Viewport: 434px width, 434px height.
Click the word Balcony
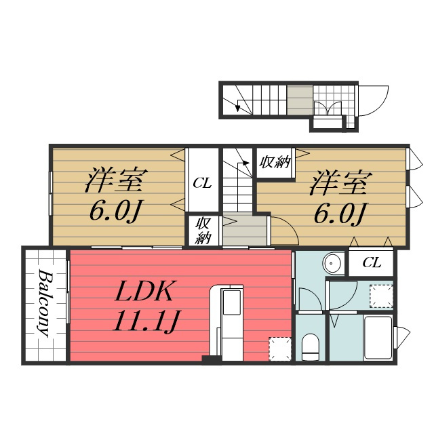(44, 303)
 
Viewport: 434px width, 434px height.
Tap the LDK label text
(144, 292)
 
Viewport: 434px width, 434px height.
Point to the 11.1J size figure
(146, 321)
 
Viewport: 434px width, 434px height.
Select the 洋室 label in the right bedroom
(340, 184)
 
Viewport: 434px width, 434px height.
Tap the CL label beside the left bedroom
(202, 183)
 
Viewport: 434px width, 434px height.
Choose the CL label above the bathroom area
(372, 262)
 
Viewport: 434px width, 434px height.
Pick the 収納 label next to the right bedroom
(275, 162)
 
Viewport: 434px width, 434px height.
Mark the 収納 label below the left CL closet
(203, 231)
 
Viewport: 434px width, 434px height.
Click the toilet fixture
(310, 347)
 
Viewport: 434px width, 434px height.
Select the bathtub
(378, 338)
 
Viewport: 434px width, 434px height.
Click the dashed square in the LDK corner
(280, 349)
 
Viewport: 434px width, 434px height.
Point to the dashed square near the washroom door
(381, 296)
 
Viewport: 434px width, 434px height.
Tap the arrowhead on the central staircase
(245, 163)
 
